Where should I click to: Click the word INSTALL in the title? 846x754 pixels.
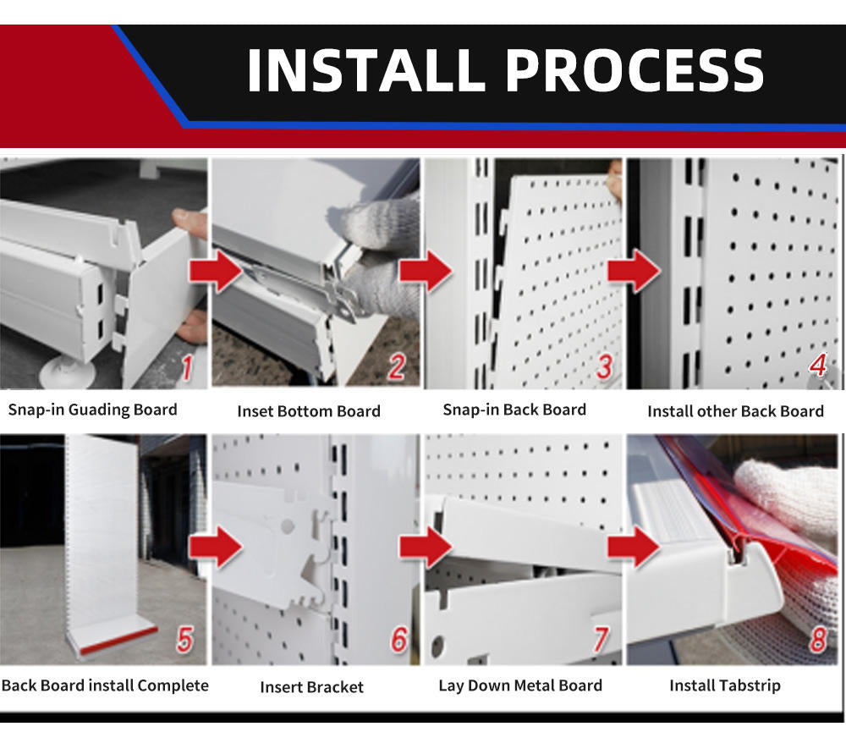(x=366, y=70)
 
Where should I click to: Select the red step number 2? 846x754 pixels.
(x=397, y=366)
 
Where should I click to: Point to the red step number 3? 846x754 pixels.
(x=605, y=366)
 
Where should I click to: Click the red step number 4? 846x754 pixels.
(x=818, y=365)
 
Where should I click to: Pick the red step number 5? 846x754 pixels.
(x=184, y=640)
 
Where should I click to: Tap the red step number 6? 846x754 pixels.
(x=399, y=639)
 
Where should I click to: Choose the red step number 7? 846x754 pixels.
(x=601, y=640)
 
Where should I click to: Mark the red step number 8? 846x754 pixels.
(x=818, y=640)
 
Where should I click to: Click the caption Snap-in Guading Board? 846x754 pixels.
(x=92, y=410)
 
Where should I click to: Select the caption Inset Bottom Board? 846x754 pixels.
(x=309, y=411)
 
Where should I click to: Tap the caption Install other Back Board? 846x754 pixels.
(x=735, y=411)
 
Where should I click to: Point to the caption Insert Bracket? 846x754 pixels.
(x=311, y=686)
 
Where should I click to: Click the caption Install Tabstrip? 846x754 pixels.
(x=725, y=685)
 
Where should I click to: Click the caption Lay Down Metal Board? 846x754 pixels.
(x=520, y=685)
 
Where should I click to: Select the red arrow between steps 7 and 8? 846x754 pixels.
(x=634, y=548)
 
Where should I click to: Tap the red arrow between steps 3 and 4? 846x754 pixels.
(x=634, y=271)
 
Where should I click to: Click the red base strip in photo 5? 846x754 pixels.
(x=118, y=639)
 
